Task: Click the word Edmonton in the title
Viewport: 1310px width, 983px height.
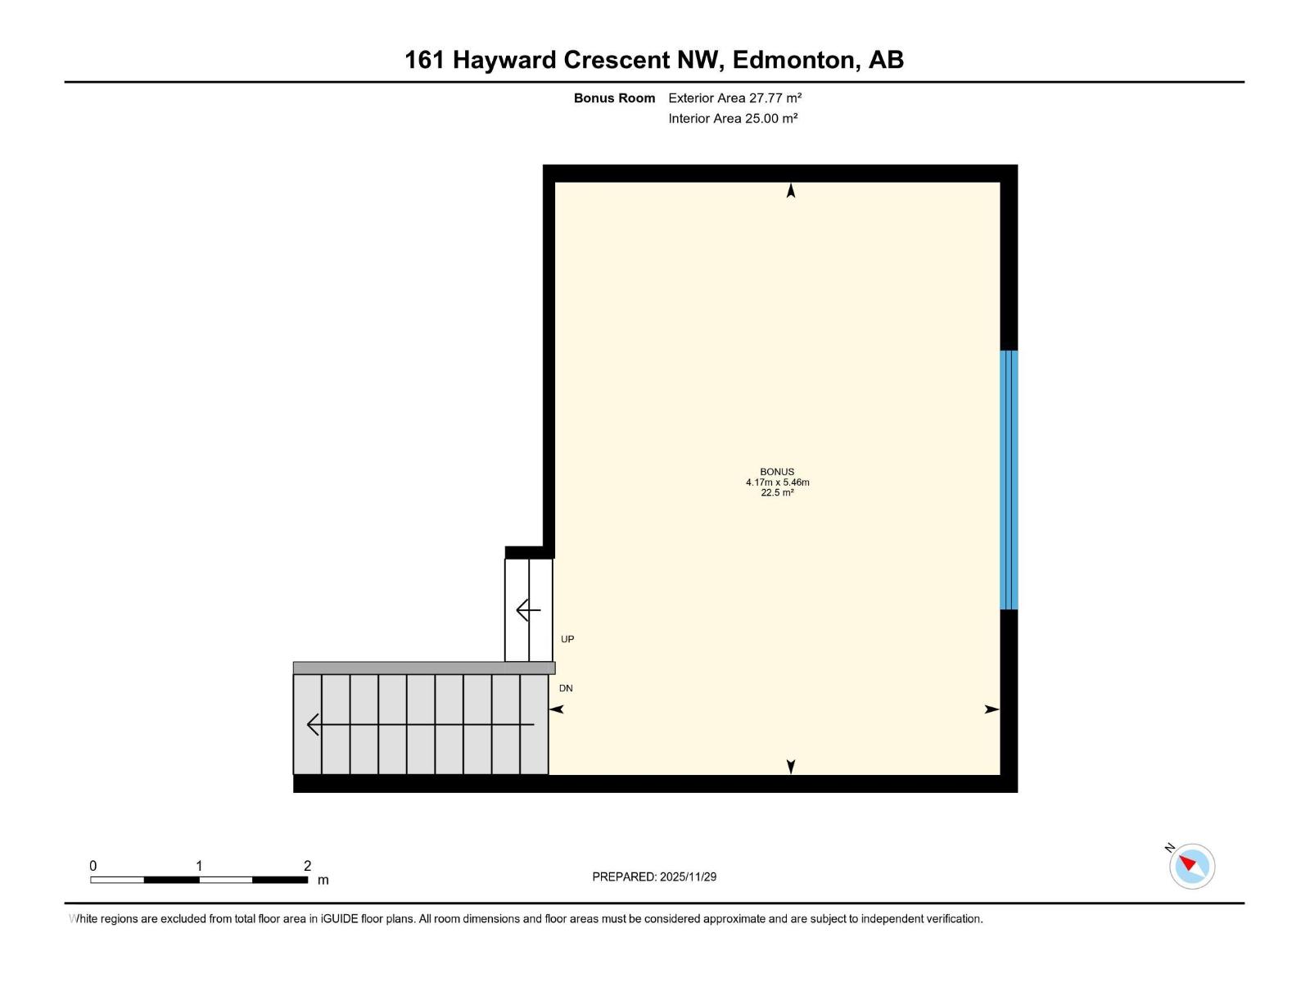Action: point(793,60)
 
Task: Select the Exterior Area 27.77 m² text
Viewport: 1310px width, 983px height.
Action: point(734,98)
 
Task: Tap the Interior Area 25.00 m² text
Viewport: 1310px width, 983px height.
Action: point(733,119)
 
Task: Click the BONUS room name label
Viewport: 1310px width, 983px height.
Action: point(777,472)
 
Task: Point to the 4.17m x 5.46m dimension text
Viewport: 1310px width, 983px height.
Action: point(777,482)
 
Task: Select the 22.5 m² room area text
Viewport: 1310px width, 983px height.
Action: point(777,493)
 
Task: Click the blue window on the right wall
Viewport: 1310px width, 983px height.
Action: point(1009,480)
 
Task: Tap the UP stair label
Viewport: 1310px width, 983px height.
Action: point(567,639)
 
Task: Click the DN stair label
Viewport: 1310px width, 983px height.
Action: point(566,688)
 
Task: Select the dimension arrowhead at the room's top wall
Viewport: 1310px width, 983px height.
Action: point(791,191)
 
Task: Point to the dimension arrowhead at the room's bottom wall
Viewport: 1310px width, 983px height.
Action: point(791,767)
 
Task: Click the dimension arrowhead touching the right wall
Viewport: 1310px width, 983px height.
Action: point(992,709)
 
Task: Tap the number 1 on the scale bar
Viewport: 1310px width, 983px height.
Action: point(199,866)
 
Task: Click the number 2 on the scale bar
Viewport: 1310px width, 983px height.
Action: point(308,866)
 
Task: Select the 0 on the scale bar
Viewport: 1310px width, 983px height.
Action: point(93,866)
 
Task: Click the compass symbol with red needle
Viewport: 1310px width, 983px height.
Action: point(1192,866)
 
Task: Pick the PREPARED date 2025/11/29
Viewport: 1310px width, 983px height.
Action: point(688,877)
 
